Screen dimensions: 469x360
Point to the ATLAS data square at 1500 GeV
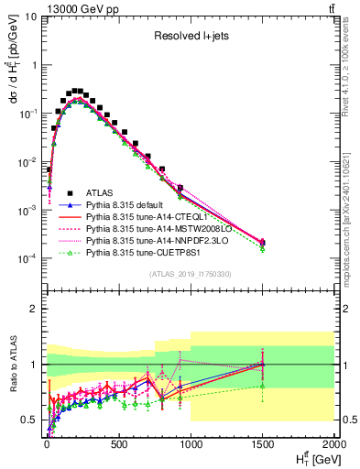coord(262,243)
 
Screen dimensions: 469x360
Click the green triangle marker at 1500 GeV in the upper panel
coord(262,248)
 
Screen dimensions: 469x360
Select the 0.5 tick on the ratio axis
coord(31,420)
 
